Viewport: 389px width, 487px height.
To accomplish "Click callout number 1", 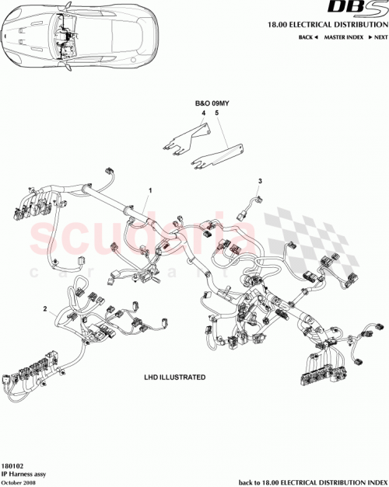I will tap(151, 190).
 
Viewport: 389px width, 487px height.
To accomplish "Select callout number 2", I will tap(47, 308).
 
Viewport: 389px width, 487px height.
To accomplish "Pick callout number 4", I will tap(203, 113).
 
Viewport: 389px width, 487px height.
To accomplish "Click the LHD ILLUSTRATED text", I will tap(176, 377).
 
